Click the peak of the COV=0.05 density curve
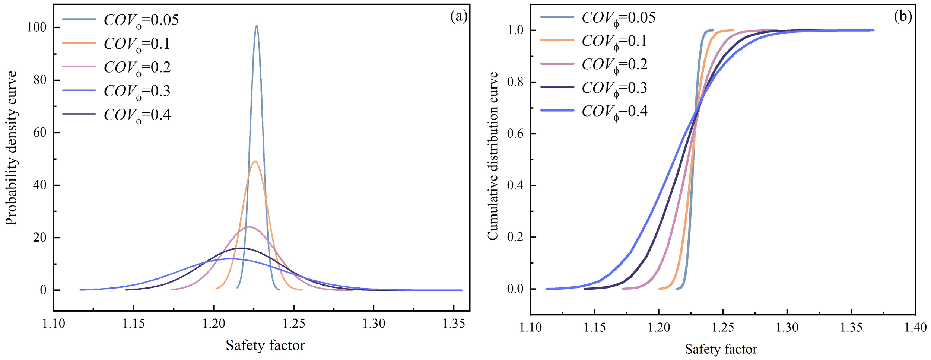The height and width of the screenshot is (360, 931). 256,26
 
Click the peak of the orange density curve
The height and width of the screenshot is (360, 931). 255,162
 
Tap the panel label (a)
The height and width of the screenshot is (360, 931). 458,16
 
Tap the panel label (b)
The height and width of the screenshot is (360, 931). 903,16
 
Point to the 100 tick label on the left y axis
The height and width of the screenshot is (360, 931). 36,28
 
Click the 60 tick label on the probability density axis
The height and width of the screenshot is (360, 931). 40,133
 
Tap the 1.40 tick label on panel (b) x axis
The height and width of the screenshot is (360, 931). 915,327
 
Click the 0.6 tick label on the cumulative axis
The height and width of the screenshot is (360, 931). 515,134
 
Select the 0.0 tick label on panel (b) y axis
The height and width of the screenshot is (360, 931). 515,289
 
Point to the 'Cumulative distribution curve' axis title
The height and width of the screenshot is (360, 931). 493,156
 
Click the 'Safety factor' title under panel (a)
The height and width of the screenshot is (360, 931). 265,345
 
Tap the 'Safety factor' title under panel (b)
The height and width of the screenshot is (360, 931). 721,349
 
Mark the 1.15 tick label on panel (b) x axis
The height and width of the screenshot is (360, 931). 595,327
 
